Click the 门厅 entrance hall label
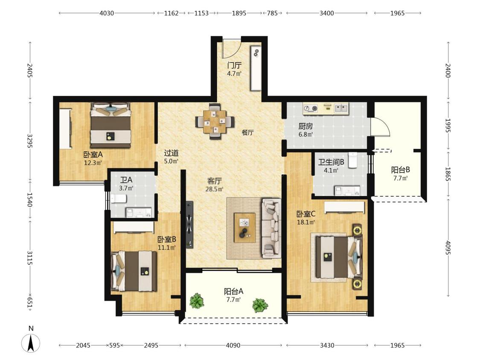tap(234, 65)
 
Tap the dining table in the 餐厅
tap(215, 122)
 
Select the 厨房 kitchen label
tap(305, 126)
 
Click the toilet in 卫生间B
tap(353, 160)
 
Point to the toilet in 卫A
tap(119, 199)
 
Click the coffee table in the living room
tap(244, 227)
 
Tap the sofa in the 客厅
tap(271, 228)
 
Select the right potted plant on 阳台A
tap(260, 305)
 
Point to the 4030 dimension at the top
tap(107, 13)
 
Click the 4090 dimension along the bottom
tap(233, 345)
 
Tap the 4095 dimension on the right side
tap(448, 248)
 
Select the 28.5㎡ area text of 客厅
tap(214, 189)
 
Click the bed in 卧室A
tap(111, 125)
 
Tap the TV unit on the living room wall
tap(189, 224)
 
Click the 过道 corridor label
tap(171, 153)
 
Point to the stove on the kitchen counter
tap(311, 108)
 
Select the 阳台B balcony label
tap(400, 170)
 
